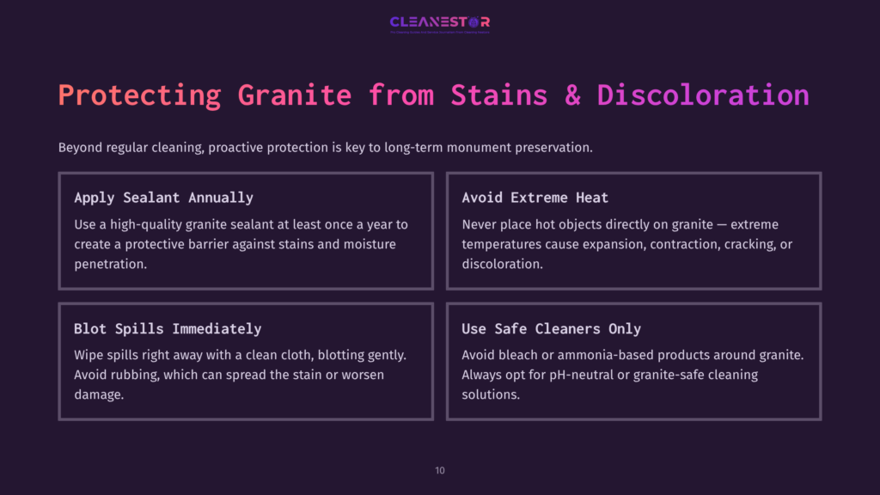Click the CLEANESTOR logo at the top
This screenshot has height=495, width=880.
click(x=439, y=22)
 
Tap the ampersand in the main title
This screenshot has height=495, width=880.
click(x=572, y=95)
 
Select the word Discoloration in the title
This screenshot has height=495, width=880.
click(x=703, y=95)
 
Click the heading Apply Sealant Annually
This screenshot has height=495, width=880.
click(x=163, y=198)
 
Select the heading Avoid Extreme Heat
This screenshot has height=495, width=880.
click(x=535, y=198)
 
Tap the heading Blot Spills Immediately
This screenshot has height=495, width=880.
click(x=168, y=329)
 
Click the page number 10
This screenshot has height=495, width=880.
click(x=440, y=470)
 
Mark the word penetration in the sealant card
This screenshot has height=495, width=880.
click(x=109, y=264)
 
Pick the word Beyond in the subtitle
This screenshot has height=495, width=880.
click(x=80, y=148)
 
